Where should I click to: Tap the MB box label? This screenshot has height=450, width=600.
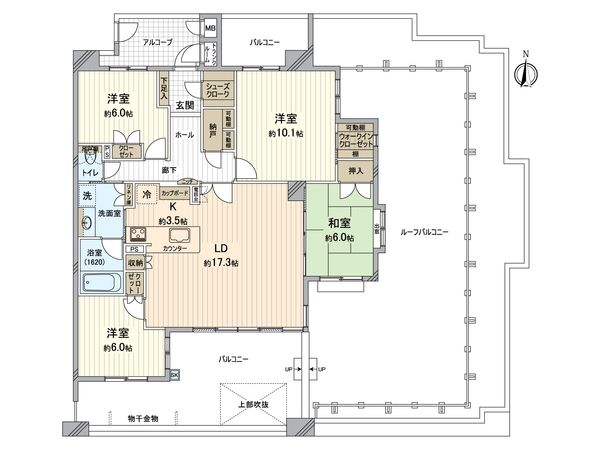210,27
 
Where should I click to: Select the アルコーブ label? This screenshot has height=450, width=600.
155,43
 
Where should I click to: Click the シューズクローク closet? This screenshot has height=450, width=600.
220,91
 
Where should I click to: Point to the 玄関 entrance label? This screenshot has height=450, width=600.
185,104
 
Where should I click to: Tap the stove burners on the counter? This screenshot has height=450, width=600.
138,236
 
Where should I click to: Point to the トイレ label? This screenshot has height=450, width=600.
90,172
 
